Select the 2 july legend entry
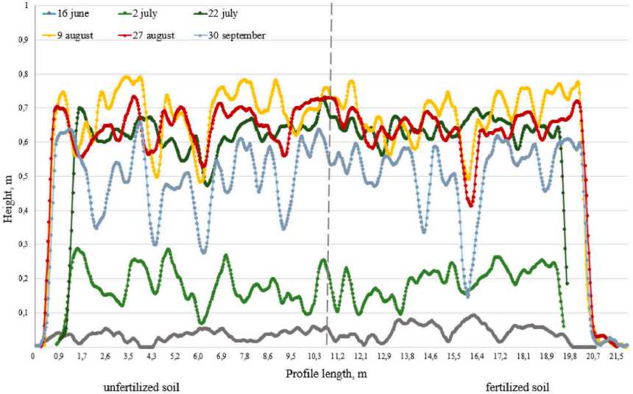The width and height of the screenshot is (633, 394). coord(146,14)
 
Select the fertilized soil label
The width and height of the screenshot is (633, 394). coord(517,387)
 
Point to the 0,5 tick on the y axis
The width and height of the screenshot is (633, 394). coord(26,176)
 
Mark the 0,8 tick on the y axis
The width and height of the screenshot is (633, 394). coord(26,74)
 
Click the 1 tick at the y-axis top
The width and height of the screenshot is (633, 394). coord(29,5)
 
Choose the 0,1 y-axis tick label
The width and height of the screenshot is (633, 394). coord(26,312)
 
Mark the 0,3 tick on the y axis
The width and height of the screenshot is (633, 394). coord(26,245)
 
